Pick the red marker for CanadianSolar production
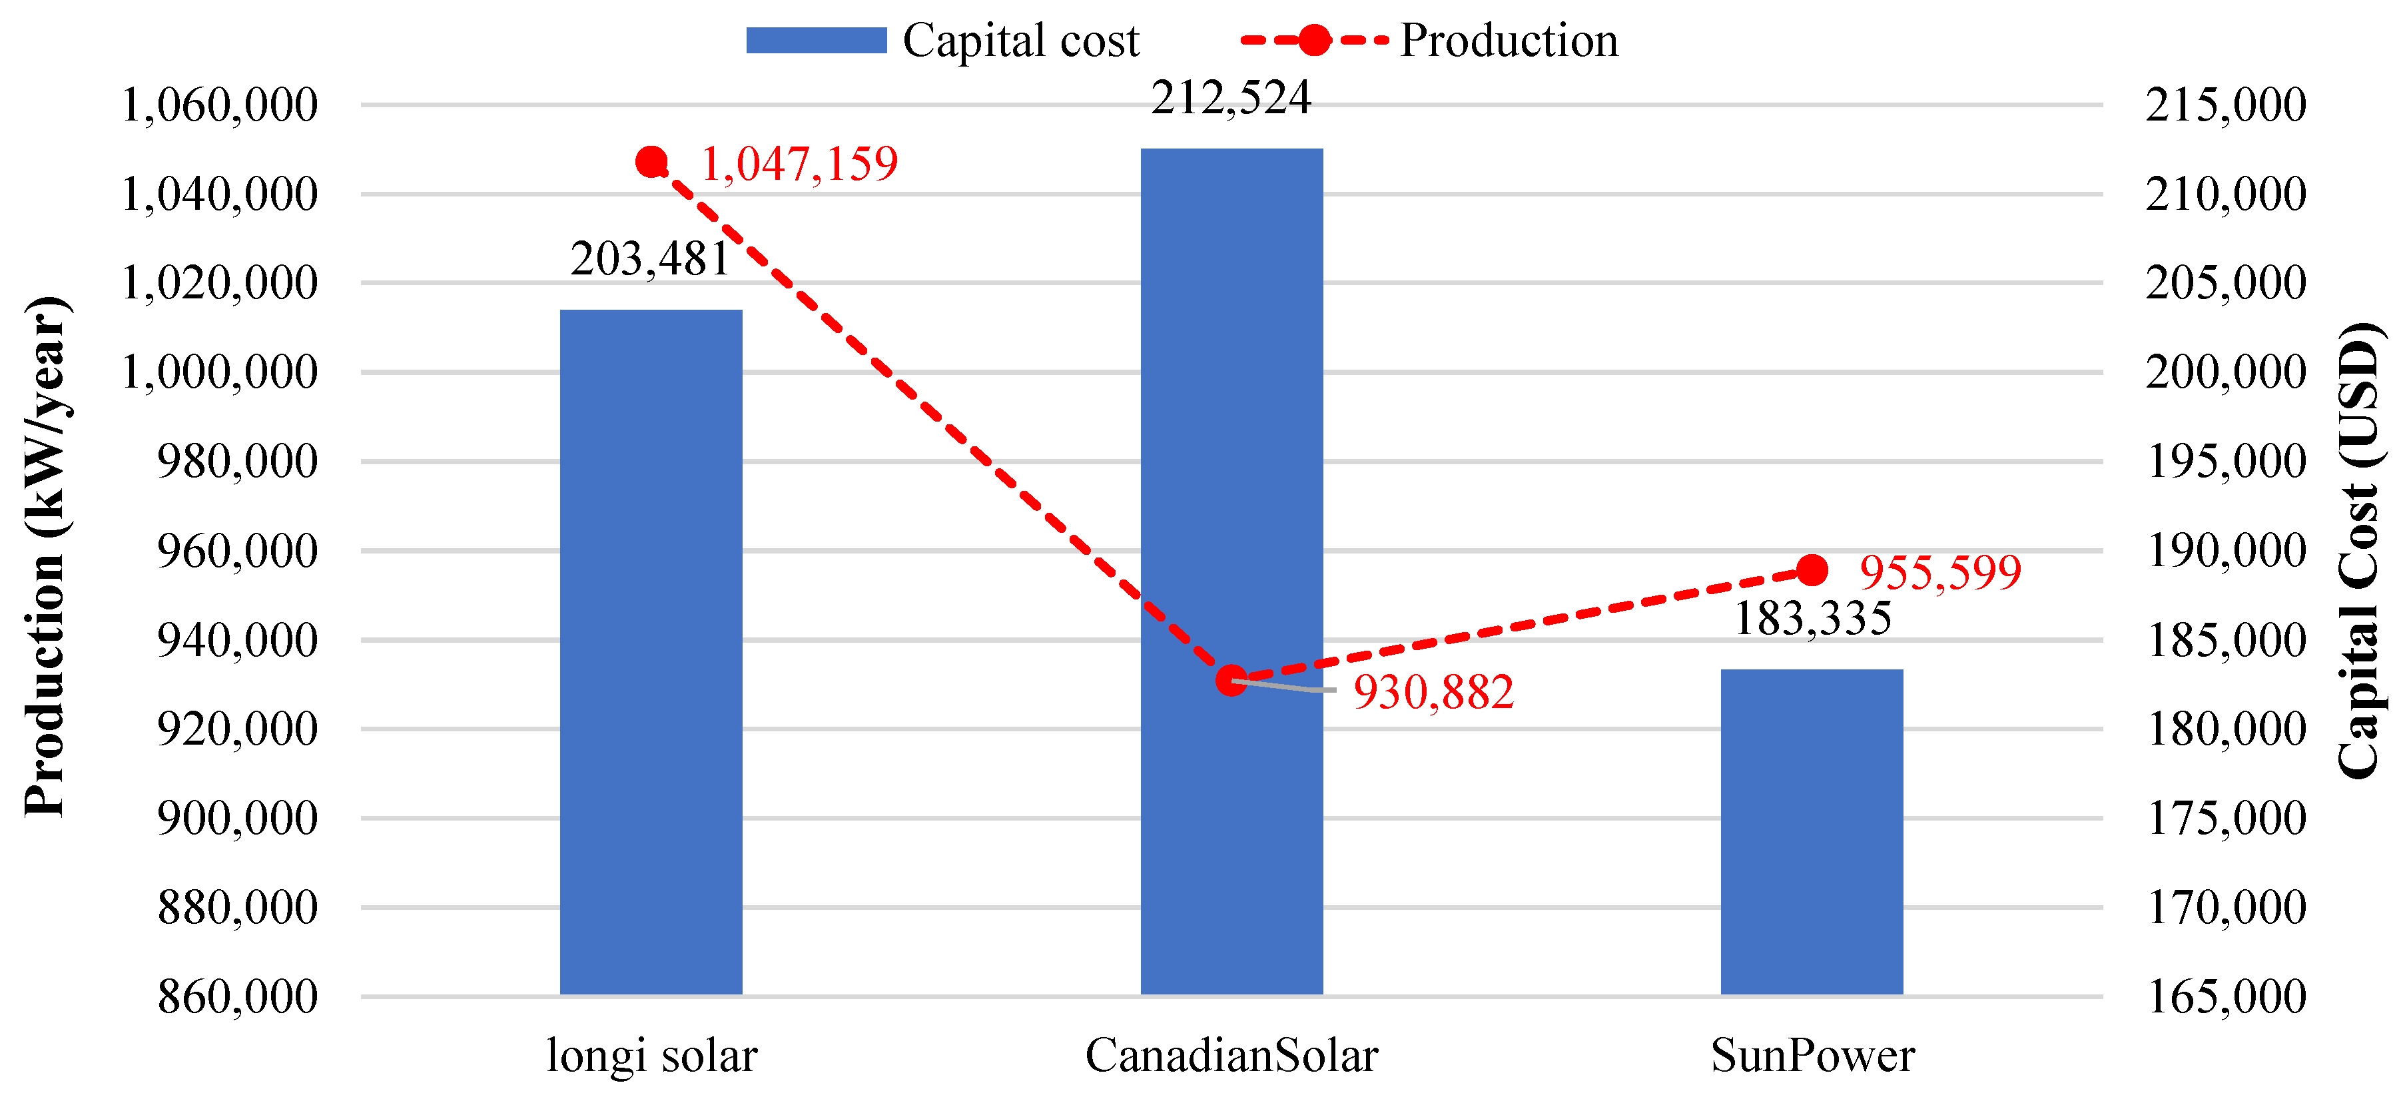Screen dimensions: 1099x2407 [1231, 679]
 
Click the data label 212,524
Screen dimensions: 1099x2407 [1231, 98]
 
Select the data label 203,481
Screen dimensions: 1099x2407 [650, 259]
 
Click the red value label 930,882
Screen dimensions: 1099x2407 [1433, 691]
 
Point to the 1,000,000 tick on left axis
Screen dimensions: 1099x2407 [220, 372]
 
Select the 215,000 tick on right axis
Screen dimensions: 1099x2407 [2225, 105]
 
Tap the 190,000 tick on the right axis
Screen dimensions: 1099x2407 [2225, 550]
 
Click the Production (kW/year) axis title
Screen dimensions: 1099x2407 [45, 557]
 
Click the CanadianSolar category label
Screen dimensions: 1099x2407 [1231, 1055]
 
